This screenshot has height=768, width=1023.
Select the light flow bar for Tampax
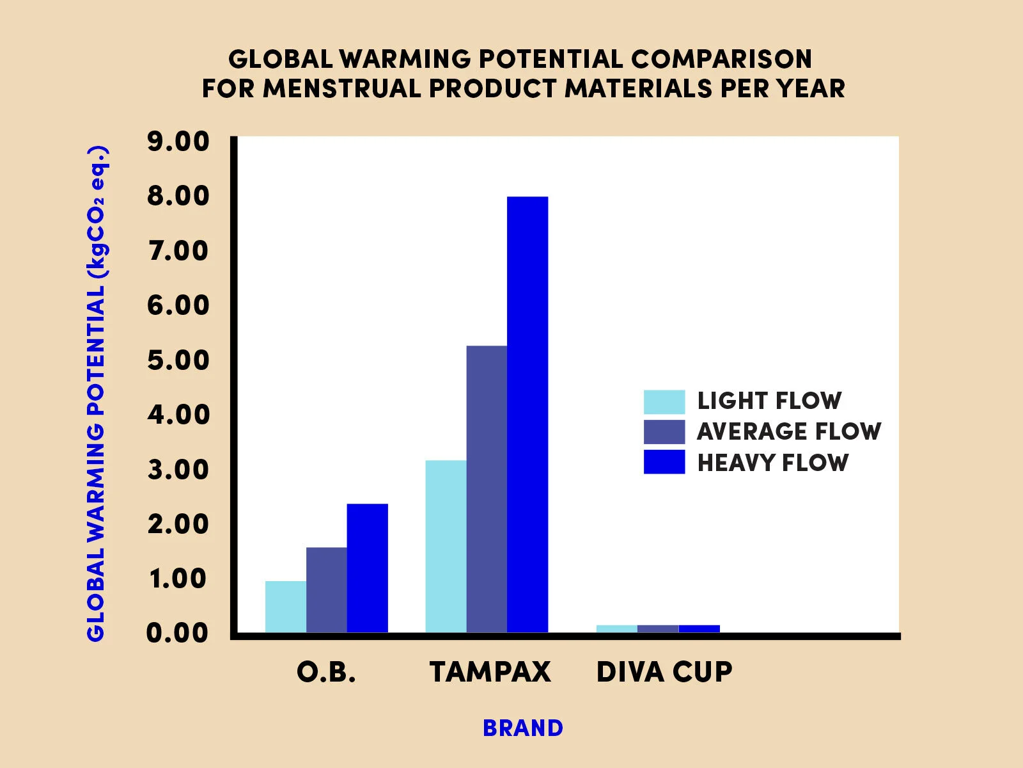[x=446, y=547]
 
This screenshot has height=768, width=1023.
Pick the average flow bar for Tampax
[x=487, y=489]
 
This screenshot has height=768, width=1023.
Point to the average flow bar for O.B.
[x=327, y=590]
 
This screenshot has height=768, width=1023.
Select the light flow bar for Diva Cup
[x=617, y=628]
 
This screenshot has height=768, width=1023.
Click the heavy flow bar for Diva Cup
[x=699, y=628]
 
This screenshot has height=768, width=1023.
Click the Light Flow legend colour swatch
[x=664, y=402]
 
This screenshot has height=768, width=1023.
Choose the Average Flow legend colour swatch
[x=664, y=432]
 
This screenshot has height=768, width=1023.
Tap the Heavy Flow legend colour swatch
[x=664, y=462]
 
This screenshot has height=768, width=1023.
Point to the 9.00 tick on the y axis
[x=178, y=141]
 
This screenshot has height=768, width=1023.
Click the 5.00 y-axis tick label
[x=178, y=360]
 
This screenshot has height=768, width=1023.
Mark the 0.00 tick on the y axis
[x=178, y=633]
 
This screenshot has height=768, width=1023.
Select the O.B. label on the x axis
[x=326, y=672]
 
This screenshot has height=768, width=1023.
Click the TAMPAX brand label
[x=490, y=672]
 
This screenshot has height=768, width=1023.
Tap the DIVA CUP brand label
[x=664, y=672]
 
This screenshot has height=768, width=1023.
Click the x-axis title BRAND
[x=523, y=728]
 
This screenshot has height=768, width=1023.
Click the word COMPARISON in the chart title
[x=722, y=59]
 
